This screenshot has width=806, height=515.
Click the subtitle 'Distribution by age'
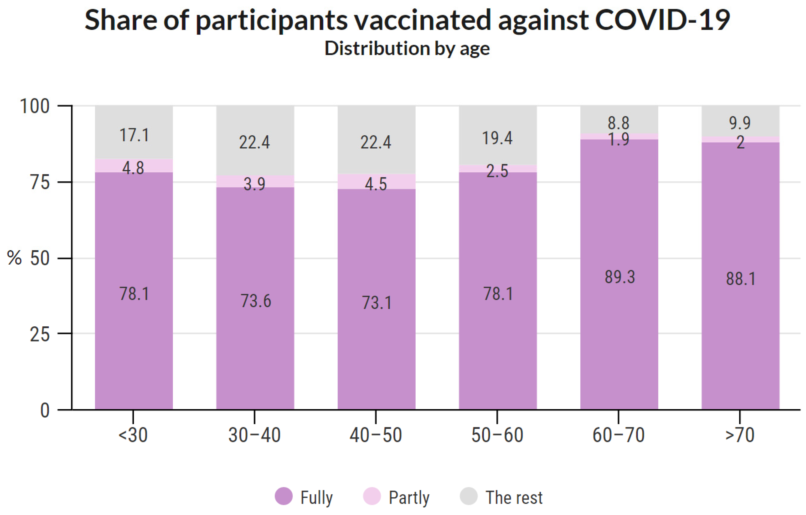(407, 49)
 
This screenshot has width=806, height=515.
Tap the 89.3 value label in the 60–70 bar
(619, 277)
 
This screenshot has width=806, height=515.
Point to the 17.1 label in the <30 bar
(134, 135)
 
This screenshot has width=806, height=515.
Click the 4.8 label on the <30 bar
(133, 168)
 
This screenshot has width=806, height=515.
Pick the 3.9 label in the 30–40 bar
(254, 184)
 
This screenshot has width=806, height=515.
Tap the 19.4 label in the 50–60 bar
(497, 138)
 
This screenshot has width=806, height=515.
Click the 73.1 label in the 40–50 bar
(376, 303)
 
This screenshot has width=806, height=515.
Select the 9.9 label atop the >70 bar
(740, 123)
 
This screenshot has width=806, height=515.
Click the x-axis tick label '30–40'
(254, 435)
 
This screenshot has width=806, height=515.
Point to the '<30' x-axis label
(133, 435)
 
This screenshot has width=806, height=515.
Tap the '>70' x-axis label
(740, 435)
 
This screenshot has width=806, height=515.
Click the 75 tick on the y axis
(40, 183)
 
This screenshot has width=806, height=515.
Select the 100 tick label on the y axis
(35, 106)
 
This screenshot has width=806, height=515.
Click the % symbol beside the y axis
(14, 258)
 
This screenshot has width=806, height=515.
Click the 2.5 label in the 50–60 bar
(497, 171)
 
